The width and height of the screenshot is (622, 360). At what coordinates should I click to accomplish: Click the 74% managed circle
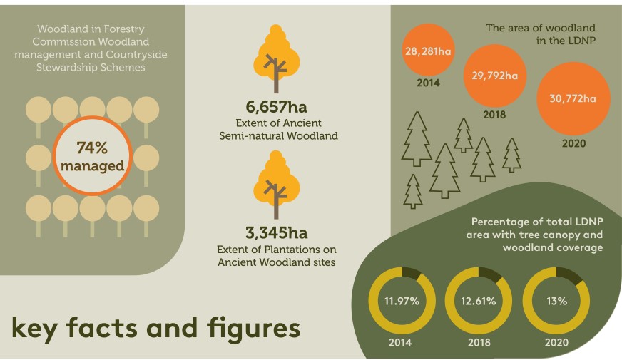(x=92, y=156)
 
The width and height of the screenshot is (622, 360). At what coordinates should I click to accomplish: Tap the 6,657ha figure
(x=277, y=107)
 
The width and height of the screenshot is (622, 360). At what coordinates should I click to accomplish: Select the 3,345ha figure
(x=277, y=232)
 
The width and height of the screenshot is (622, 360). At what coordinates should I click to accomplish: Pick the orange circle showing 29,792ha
(x=494, y=76)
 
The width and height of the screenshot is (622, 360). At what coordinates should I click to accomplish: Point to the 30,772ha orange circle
(x=573, y=98)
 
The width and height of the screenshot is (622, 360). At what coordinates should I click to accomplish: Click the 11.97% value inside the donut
(x=402, y=302)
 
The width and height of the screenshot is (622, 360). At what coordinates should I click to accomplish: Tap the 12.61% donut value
(x=479, y=302)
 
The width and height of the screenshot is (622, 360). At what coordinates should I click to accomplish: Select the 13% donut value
(x=556, y=302)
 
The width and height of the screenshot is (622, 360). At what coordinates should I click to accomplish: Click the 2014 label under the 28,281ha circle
(x=428, y=83)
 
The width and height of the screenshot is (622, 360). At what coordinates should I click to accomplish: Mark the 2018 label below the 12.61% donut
(x=479, y=343)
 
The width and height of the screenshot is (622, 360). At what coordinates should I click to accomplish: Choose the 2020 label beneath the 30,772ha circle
(x=573, y=143)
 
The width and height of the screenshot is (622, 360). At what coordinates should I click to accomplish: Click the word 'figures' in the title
(x=253, y=329)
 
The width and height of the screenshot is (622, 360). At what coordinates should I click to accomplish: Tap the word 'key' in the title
(x=34, y=329)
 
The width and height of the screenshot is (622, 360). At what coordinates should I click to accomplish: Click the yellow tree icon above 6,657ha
(x=277, y=58)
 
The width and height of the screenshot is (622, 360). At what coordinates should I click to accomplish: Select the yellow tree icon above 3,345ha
(x=277, y=185)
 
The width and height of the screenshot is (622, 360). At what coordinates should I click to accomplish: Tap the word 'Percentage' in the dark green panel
(x=499, y=222)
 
